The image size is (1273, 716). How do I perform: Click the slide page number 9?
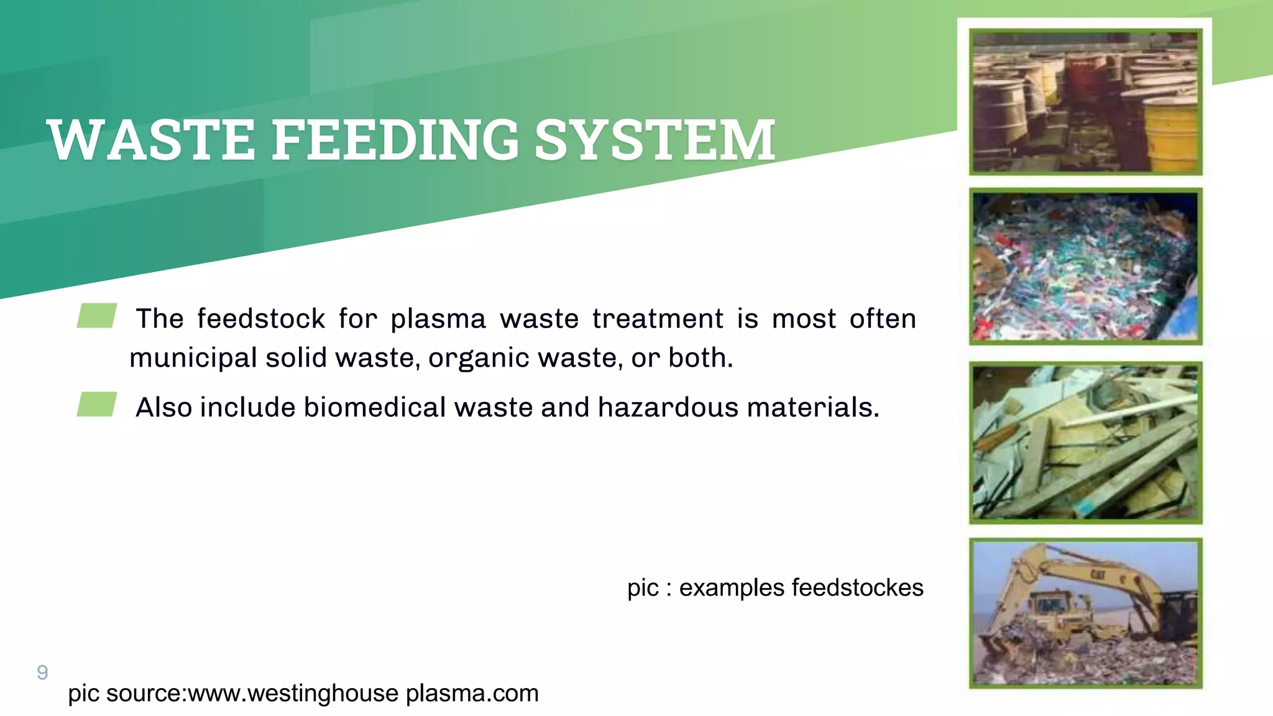[42, 672]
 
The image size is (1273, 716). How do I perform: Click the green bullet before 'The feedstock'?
[97, 315]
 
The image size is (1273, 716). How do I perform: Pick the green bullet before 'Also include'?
[97, 404]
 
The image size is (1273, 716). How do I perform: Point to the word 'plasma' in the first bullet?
[438, 319]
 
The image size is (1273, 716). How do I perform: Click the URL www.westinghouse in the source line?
[293, 693]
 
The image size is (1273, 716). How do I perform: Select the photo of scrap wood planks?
[1085, 443]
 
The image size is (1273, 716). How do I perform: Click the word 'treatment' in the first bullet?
[658, 319]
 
